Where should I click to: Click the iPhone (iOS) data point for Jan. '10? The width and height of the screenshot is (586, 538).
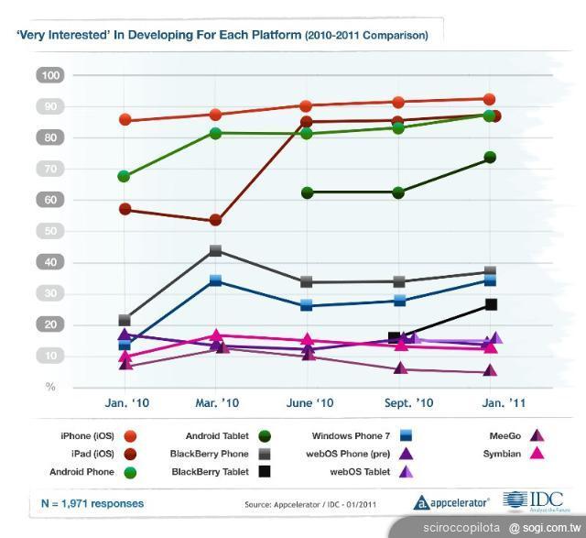point(125,120)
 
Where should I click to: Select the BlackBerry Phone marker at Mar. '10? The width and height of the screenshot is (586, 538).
point(215,250)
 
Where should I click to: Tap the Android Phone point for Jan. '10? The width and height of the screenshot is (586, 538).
point(125,176)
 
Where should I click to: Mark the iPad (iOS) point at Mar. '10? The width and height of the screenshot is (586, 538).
point(215,220)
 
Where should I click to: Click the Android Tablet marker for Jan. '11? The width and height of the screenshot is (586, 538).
point(490,158)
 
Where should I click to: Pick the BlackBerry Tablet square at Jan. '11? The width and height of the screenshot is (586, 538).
point(490,304)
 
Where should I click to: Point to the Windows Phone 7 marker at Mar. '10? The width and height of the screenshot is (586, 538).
point(215,280)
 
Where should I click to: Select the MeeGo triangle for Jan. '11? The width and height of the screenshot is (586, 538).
point(490,371)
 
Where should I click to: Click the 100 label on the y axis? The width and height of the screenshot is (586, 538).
point(51,75)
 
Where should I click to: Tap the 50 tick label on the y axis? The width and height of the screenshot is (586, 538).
point(51,231)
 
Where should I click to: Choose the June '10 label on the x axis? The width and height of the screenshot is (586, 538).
point(309,402)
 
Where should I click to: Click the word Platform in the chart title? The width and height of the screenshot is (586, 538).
point(271,36)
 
